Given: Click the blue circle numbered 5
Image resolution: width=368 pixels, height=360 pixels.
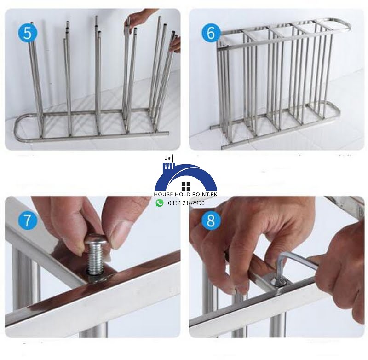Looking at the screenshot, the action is point(28,33).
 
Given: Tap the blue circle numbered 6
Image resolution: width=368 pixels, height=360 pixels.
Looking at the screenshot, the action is point(211,33).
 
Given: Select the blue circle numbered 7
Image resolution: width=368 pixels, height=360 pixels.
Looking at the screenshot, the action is point(28,221).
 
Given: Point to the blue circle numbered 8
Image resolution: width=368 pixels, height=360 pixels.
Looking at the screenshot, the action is point(211,221).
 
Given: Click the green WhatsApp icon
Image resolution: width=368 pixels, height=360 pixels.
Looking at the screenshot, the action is point(160,203).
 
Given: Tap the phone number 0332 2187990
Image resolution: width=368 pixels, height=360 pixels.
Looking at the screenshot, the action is point(186,203).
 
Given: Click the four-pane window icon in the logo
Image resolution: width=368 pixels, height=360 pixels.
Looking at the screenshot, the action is point(186,186).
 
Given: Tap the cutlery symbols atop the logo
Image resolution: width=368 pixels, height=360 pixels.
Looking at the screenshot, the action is point(169,162).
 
